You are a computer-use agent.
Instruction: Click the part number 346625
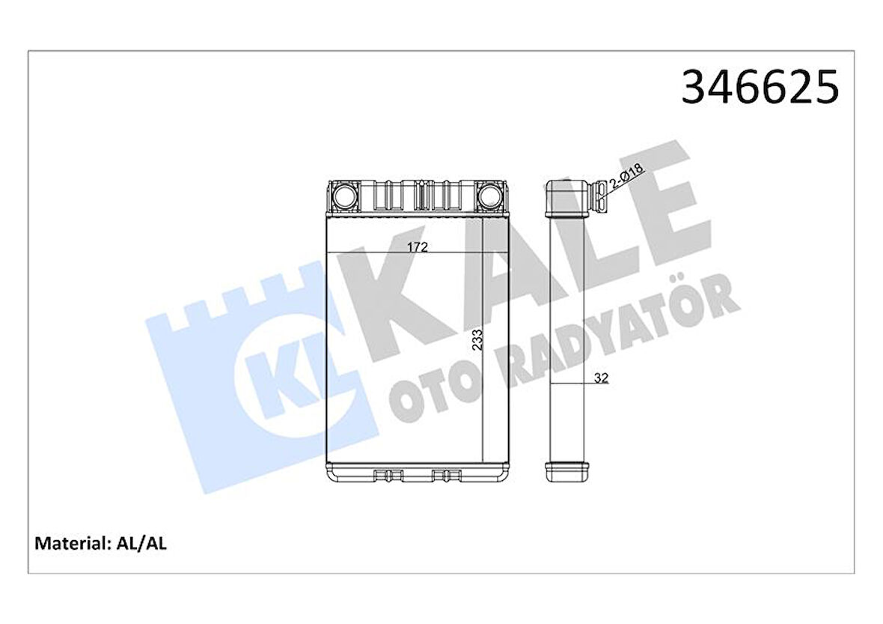(x=760, y=88)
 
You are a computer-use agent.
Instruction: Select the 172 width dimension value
(x=418, y=248)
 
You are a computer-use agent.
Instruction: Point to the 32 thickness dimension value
(x=600, y=378)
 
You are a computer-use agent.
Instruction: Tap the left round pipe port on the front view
(x=346, y=196)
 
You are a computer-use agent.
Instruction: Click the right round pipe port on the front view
(x=490, y=196)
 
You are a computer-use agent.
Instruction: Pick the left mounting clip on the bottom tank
(x=388, y=474)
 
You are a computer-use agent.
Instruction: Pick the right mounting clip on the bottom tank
(x=447, y=474)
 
